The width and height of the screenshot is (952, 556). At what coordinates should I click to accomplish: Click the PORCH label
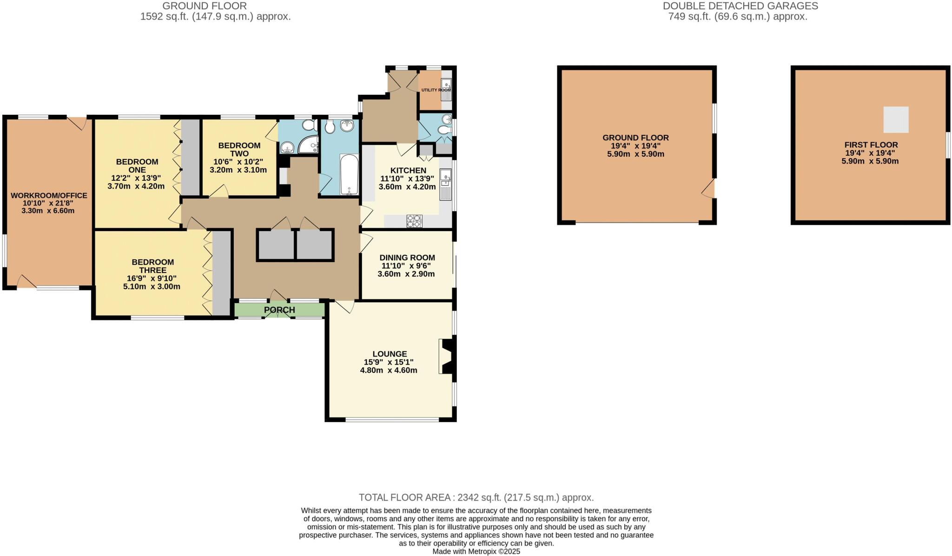pos(279,310)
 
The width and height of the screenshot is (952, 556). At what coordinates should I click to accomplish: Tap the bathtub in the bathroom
pos(349,175)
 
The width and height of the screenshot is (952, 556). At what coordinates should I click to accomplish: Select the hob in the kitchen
pos(414,221)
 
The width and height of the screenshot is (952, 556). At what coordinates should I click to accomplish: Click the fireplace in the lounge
pos(448,357)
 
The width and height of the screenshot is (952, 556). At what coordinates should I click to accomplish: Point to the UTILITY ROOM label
pos(436,90)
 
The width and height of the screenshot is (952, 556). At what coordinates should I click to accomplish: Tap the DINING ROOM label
pos(407,258)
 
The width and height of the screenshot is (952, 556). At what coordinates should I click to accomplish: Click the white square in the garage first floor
pos(896,119)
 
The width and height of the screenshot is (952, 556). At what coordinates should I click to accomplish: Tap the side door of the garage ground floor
pos(708,190)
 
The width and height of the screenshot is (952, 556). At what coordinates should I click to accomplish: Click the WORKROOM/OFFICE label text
pos(49,196)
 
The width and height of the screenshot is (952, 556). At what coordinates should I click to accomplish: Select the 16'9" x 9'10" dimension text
pos(152,278)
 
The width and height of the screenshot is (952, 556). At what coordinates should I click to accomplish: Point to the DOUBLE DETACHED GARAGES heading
pos(740,6)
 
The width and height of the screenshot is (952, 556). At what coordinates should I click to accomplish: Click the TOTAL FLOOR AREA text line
pos(476,497)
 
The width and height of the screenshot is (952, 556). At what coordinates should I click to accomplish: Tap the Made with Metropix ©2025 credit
pos(476,552)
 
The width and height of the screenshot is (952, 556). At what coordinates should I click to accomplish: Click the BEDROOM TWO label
pos(239,150)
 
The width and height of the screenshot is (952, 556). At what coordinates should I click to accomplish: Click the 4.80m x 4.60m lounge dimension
pos(389,371)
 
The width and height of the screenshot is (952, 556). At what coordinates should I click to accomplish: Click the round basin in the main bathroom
pos(347,126)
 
